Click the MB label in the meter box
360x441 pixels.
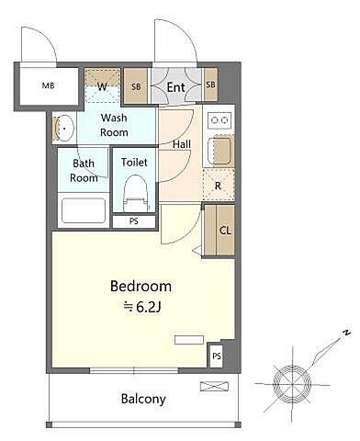pyautogui.click(x=48, y=85)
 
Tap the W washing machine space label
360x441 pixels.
pyautogui.click(x=102, y=86)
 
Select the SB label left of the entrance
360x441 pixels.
pyautogui.click(x=136, y=86)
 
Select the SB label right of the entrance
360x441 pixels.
pyautogui.click(x=210, y=85)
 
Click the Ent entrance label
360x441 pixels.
pyautogui.click(x=176, y=87)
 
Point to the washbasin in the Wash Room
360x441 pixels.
pyautogui.click(x=64, y=129)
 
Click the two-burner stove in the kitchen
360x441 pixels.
pyautogui.click(x=219, y=119)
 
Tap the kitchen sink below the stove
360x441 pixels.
pyautogui.click(x=219, y=151)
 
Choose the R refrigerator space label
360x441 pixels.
pyautogui.click(x=218, y=186)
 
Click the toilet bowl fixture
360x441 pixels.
pyautogui.click(x=136, y=193)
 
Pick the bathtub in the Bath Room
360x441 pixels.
pyautogui.click(x=84, y=210)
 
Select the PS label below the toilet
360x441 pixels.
pyautogui.click(x=134, y=221)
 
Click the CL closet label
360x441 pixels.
pyautogui.click(x=225, y=231)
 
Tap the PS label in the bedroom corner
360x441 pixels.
pyautogui.click(x=217, y=356)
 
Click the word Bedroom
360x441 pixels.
pyautogui.click(x=141, y=286)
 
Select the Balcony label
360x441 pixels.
pyautogui.click(x=143, y=399)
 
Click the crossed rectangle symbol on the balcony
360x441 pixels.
pyautogui.click(x=214, y=387)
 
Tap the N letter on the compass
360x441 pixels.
pyautogui.click(x=346, y=333)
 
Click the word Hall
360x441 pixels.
pyautogui.click(x=182, y=144)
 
